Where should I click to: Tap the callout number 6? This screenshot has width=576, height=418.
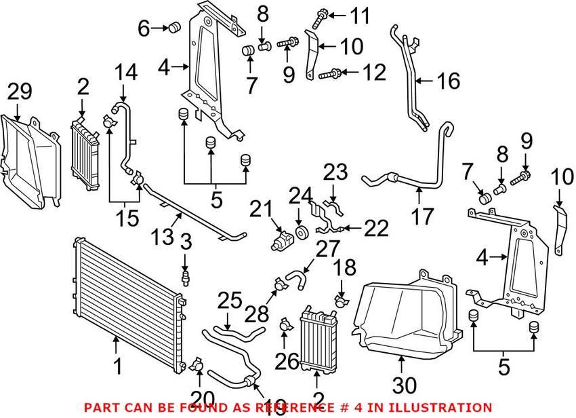coord(144,28)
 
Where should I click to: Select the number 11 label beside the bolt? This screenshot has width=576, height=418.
coord(359,14)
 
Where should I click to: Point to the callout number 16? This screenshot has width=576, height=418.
coord(447,82)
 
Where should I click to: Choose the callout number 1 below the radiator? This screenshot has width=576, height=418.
coord(118,367)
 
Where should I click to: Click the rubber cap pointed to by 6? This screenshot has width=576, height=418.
coord(173,28)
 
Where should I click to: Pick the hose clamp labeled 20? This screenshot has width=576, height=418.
coord(197,365)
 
